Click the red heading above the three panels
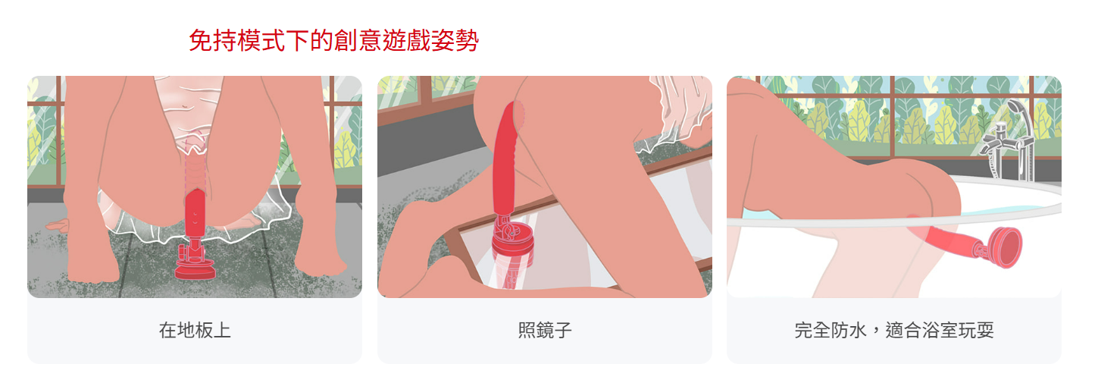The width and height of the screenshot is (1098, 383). (334, 40)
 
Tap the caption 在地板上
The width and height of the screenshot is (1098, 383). (195, 330)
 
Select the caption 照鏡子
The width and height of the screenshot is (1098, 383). (545, 330)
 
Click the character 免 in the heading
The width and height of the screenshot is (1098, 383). (201, 40)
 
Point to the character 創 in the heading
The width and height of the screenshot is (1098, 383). (346, 40)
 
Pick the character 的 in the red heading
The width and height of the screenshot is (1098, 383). (321, 40)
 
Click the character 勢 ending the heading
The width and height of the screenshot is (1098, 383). (467, 40)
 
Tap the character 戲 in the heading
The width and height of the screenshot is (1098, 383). (418, 40)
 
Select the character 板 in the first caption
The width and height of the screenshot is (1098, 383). (204, 330)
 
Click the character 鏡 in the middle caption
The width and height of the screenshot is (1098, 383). (545, 330)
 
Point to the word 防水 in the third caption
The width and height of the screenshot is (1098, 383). (849, 330)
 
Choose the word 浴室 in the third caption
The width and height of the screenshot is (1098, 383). (940, 330)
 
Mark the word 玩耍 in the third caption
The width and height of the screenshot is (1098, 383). (976, 330)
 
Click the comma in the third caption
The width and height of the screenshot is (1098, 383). (874, 334)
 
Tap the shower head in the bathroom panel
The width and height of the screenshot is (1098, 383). (1017, 109)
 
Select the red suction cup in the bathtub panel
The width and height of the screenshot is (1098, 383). (1005, 248)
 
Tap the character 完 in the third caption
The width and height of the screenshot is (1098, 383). (803, 330)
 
